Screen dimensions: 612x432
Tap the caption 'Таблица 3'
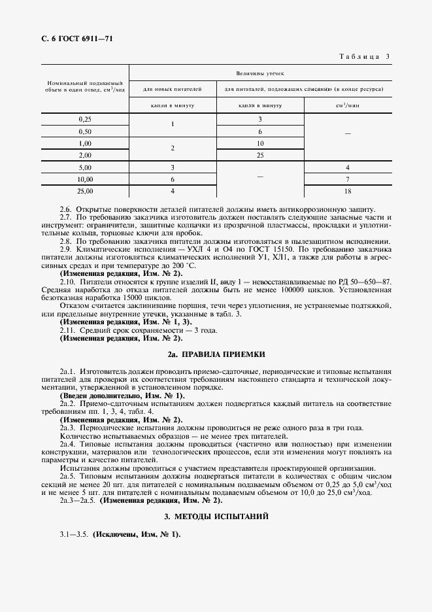click(x=363, y=57)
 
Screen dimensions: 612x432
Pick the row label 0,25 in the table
click(x=85, y=119)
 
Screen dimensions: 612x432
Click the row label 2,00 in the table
click(x=85, y=155)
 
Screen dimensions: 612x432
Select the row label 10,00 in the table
click(x=85, y=179)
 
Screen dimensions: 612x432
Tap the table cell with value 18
click(x=348, y=191)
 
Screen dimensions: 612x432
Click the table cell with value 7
click(x=348, y=179)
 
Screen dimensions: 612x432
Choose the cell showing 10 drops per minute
click(x=260, y=143)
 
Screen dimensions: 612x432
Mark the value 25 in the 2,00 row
click(x=260, y=155)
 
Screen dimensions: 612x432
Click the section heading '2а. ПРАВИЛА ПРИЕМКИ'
click(x=216, y=354)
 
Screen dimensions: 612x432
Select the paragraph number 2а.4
click(x=68, y=443)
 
